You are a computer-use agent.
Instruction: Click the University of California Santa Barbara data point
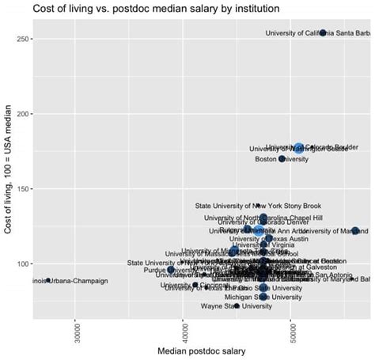[x=323, y=33]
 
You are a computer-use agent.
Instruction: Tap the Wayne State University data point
[x=237, y=305]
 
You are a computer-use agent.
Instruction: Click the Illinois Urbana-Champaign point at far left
[x=48, y=280]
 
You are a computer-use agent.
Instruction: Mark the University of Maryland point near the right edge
[x=355, y=231]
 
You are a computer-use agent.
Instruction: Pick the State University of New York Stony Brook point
[x=258, y=206]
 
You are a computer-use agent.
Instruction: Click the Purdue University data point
[x=171, y=270]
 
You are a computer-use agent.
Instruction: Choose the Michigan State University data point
[x=263, y=297]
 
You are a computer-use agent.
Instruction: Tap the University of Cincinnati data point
[x=195, y=285]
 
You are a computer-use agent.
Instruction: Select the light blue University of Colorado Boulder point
[x=298, y=147]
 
